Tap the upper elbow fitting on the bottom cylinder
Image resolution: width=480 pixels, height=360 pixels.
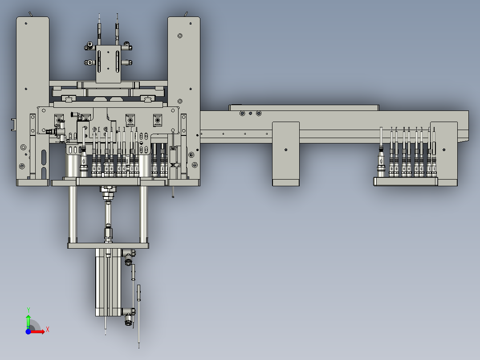(x=129, y=255)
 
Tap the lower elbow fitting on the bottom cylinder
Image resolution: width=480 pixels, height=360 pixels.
(x=129, y=317)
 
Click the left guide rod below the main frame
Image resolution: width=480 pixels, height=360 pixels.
(x=72, y=212)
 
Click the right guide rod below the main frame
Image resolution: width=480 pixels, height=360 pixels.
(x=143, y=212)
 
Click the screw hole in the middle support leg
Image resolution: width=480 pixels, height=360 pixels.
(x=285, y=149)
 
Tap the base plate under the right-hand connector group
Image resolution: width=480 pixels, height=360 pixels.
(x=405, y=181)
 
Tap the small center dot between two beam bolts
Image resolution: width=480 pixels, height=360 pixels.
(x=250, y=114)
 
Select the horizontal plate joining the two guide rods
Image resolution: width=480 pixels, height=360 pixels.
(x=108, y=245)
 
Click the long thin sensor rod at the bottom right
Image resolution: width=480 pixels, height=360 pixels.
(x=139, y=316)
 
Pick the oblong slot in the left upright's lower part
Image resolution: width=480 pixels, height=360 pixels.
(x=44, y=158)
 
